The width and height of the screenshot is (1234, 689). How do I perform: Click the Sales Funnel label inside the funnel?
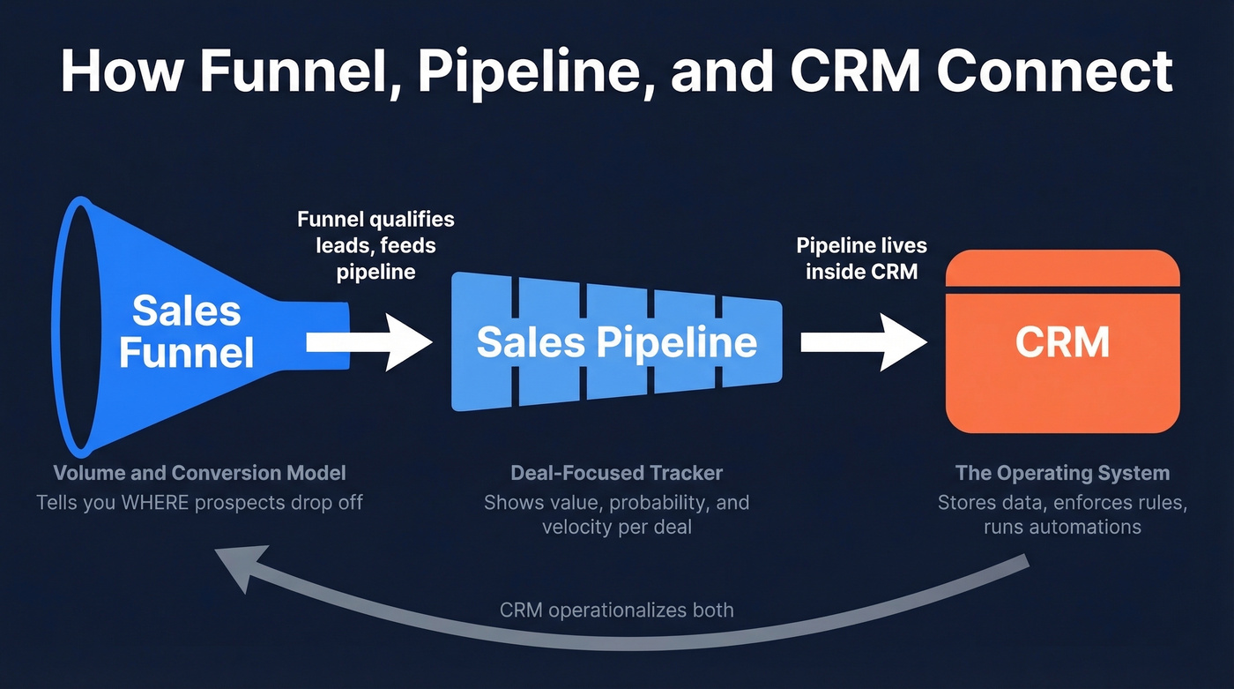point(186,333)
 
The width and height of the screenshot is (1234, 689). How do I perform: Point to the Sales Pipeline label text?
point(616,342)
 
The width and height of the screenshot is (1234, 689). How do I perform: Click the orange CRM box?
point(1062,353)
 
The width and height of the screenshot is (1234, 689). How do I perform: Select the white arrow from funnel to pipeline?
point(370,342)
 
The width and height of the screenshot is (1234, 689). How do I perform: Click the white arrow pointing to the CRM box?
point(864,342)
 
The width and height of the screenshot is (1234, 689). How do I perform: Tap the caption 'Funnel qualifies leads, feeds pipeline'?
point(375,245)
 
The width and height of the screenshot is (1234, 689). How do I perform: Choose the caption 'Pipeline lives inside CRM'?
point(861,258)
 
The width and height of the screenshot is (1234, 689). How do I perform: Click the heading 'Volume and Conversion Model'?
point(199,473)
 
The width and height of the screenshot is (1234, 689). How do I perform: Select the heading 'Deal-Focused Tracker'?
point(616,473)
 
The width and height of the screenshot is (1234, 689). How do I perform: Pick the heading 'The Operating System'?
point(1062,473)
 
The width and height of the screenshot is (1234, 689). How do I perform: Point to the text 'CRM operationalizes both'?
point(616,610)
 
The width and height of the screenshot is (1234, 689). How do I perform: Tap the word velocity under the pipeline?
point(577,528)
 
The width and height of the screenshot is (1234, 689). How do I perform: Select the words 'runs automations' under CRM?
point(1062,528)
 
